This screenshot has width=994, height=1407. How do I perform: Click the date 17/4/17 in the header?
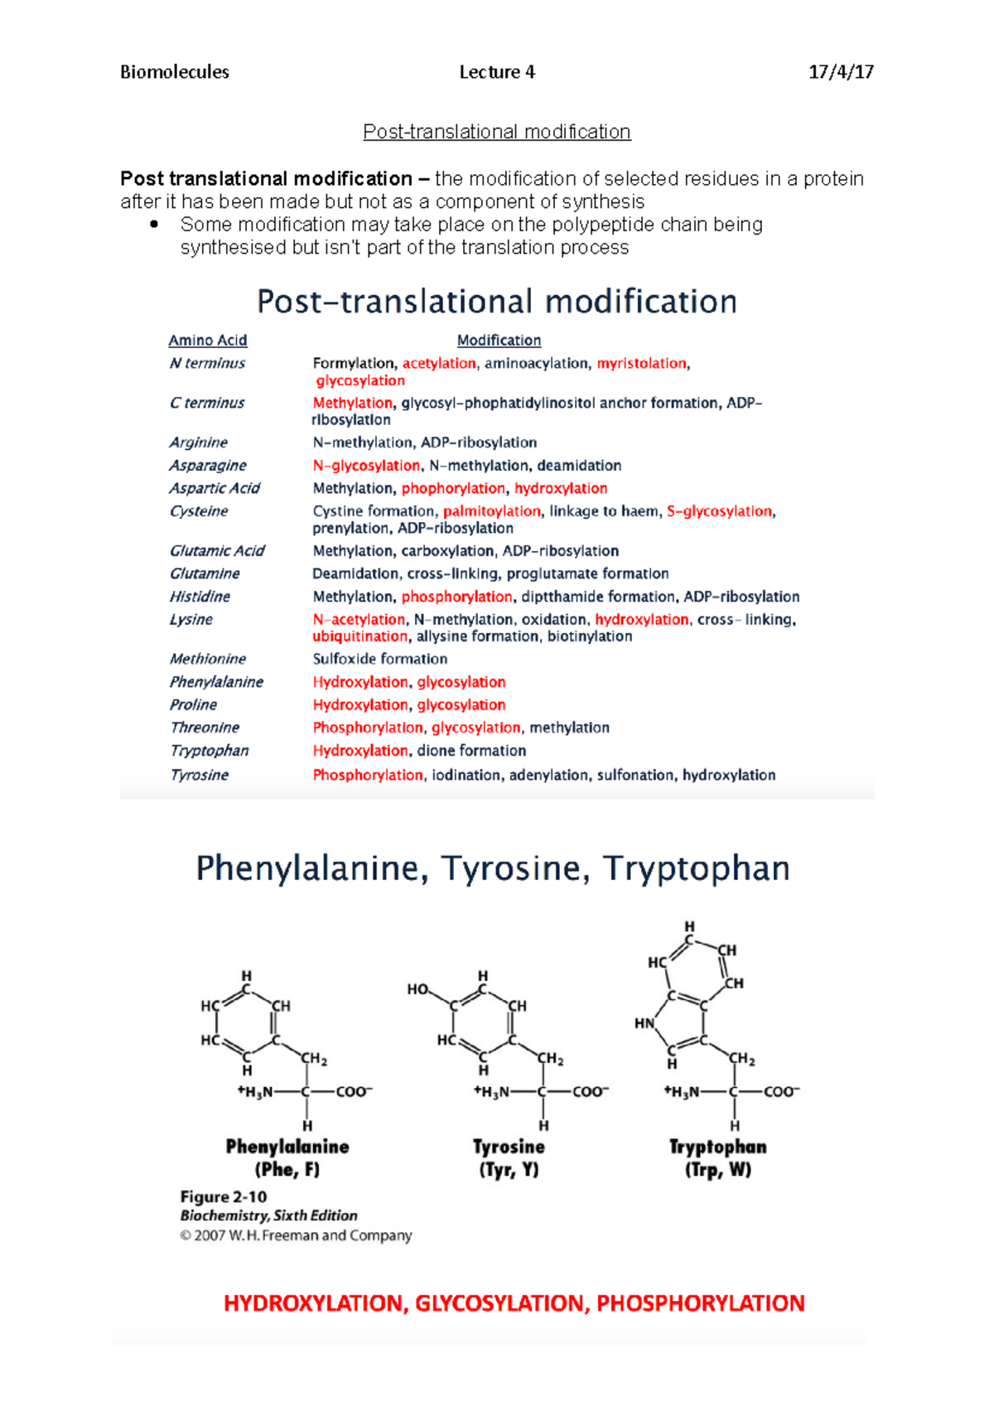point(841,72)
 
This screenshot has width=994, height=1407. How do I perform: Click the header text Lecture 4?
point(497,72)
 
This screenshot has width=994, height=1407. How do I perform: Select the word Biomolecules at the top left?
point(175,72)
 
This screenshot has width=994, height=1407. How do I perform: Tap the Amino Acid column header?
point(208,341)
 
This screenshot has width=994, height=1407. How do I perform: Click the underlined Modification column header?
point(499,341)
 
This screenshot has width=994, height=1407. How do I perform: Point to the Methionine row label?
point(208,659)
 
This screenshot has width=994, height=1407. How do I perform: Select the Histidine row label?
point(200,597)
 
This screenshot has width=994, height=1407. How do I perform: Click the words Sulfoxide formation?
point(380,659)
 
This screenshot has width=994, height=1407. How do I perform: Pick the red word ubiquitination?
point(360,636)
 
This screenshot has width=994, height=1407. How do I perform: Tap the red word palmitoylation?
point(492,511)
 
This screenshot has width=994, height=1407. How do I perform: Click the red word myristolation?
point(642,363)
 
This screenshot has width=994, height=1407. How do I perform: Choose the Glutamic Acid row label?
point(217,551)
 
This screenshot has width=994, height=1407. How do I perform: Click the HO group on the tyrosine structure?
point(418,989)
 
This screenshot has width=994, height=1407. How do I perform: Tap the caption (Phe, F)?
point(287,1169)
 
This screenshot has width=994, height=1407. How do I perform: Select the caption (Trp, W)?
point(718,1169)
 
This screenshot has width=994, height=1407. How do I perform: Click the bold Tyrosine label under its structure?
point(509,1147)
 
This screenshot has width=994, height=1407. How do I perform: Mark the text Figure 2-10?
point(224,1197)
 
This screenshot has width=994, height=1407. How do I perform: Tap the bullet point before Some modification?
point(154,225)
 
